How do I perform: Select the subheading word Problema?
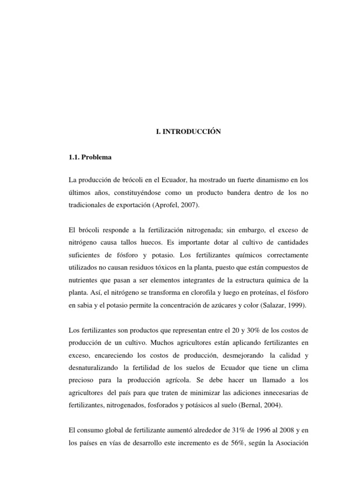coord(97,157)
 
